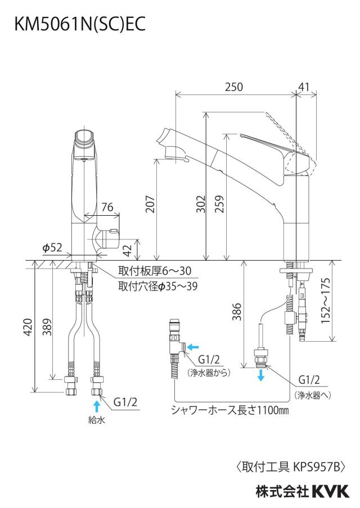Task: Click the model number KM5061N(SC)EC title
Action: click(x=80, y=24)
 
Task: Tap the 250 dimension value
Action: click(x=234, y=87)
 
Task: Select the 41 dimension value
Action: click(x=304, y=87)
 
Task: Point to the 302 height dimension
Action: click(x=201, y=204)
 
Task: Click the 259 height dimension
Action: click(x=219, y=204)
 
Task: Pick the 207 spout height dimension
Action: click(x=150, y=204)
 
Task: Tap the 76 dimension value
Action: click(x=107, y=207)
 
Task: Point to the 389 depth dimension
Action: click(x=47, y=327)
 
